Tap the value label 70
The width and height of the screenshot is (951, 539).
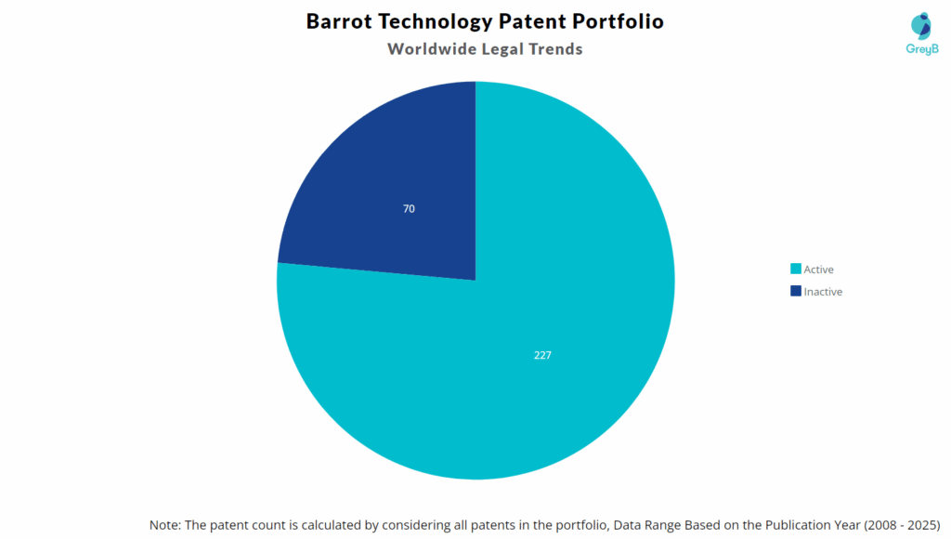click(409, 208)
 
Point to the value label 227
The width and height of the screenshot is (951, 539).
click(543, 355)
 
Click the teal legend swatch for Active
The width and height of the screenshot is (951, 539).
click(795, 269)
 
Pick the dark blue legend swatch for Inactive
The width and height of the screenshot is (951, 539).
click(795, 292)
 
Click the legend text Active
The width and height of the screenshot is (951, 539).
click(819, 269)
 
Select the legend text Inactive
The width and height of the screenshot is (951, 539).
click(824, 292)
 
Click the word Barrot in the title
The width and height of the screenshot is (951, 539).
click(338, 21)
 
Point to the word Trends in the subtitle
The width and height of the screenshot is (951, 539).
click(554, 49)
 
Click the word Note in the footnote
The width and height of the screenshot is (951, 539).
click(165, 525)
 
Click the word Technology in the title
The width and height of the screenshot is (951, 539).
click(429, 21)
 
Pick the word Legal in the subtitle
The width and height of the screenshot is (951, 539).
click(500, 49)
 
